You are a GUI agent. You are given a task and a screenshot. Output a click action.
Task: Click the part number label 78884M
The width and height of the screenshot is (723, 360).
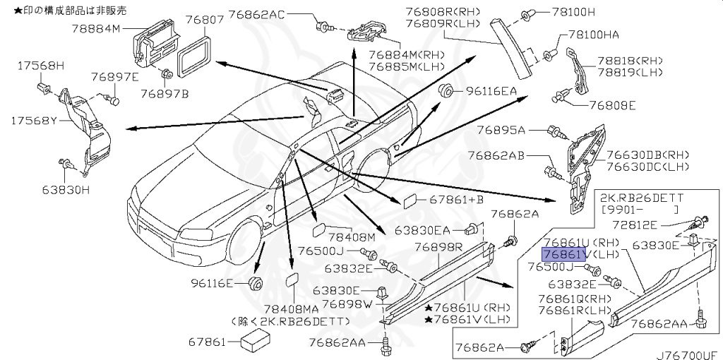pyautogui.click(x=97, y=29)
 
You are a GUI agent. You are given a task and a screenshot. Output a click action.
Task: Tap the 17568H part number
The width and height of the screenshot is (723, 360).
pyautogui.click(x=40, y=66)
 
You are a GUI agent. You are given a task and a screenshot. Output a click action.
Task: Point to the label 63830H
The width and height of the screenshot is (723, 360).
pyautogui.click(x=65, y=189)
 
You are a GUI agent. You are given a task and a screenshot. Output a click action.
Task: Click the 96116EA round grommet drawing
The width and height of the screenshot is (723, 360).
pyautogui.click(x=446, y=92)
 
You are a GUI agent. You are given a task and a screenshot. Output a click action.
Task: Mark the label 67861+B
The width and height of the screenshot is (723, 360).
pyautogui.click(x=455, y=200)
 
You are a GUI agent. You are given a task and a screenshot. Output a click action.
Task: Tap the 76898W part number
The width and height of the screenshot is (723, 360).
pyautogui.click(x=346, y=304)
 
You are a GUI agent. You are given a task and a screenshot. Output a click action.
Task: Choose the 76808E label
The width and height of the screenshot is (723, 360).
pyautogui.click(x=612, y=106)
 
